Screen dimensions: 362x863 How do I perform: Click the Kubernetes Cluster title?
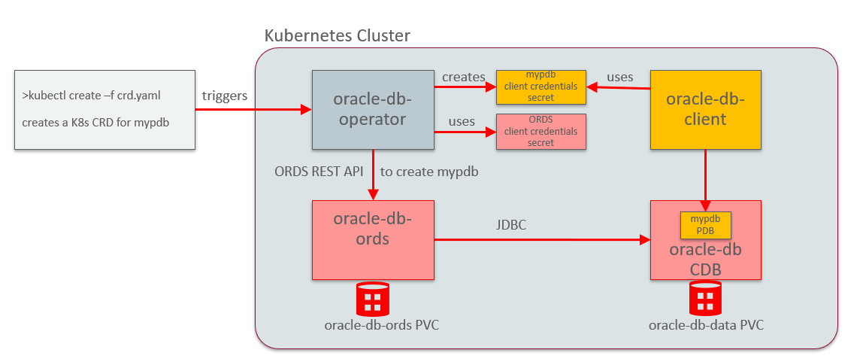338,35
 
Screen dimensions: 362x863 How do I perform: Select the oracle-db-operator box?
373,110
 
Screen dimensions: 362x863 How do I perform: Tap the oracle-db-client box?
706,110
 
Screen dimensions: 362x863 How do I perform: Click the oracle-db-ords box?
373,239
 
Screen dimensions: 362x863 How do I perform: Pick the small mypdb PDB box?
705,224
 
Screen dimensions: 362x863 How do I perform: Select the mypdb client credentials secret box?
541,87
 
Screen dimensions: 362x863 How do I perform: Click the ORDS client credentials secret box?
541,131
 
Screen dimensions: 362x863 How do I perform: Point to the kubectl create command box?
104,110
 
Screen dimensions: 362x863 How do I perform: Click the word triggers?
225,96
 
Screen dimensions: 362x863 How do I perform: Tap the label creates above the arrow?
463,77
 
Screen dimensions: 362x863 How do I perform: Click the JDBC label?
511,224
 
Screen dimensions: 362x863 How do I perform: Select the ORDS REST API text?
319,171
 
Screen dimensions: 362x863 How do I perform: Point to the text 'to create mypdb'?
429,171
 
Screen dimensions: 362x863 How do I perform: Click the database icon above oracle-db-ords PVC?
372,299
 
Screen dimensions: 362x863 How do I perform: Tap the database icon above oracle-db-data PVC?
705,299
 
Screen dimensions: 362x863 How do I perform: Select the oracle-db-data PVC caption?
705,325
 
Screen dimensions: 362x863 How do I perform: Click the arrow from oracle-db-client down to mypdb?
705,177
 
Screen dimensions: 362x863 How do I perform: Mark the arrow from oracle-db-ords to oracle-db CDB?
541,240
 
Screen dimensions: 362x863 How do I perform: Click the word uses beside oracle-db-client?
619,77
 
